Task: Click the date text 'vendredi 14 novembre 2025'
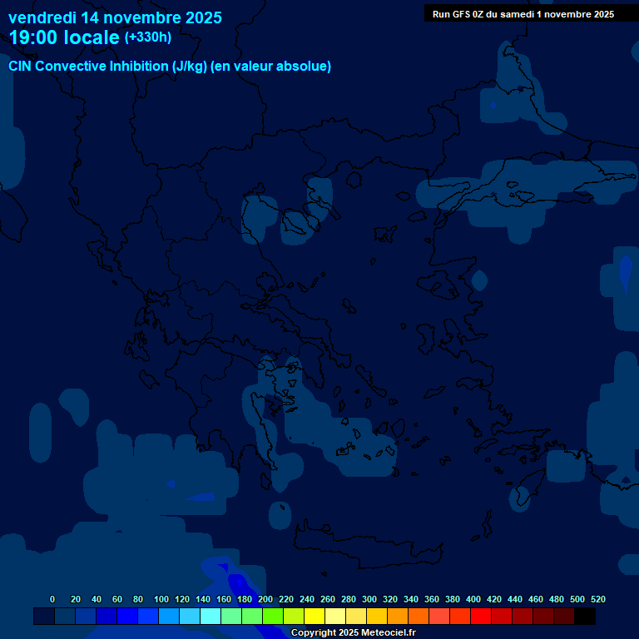pyautogui.click(x=115, y=17)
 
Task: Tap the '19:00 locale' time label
pyautogui.click(x=64, y=37)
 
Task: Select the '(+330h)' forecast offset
pyautogui.click(x=148, y=37)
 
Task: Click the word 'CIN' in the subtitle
pyautogui.click(x=21, y=67)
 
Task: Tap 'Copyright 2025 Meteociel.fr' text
pyautogui.click(x=353, y=633)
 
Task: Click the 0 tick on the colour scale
pyautogui.click(x=52, y=600)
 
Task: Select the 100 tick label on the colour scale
pyautogui.click(x=161, y=600)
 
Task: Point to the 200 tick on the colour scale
pyautogui.click(x=265, y=600)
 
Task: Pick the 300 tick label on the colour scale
pyautogui.click(x=369, y=600)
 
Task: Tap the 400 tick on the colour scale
pyautogui.click(x=473, y=600)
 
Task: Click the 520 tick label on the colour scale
pyautogui.click(x=597, y=600)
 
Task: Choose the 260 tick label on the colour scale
pyautogui.click(x=328, y=600)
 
